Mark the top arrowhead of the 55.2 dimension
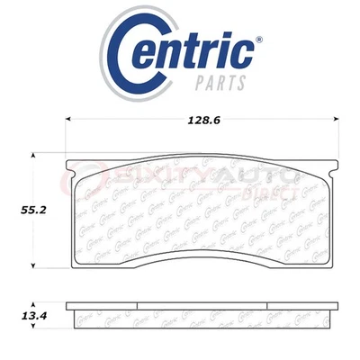tap(34, 157)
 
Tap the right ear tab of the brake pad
tap(329, 166)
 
